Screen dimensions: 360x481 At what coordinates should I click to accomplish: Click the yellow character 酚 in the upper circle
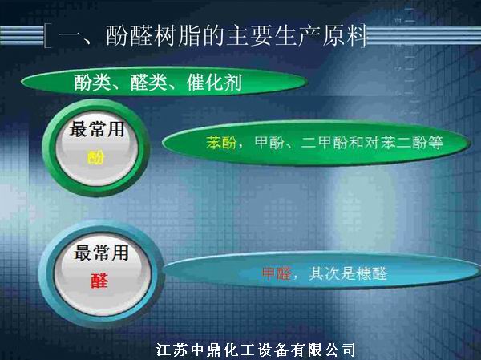(96, 157)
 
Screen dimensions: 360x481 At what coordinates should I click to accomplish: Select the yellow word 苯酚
(221, 143)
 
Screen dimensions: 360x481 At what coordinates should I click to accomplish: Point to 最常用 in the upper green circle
(96, 129)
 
